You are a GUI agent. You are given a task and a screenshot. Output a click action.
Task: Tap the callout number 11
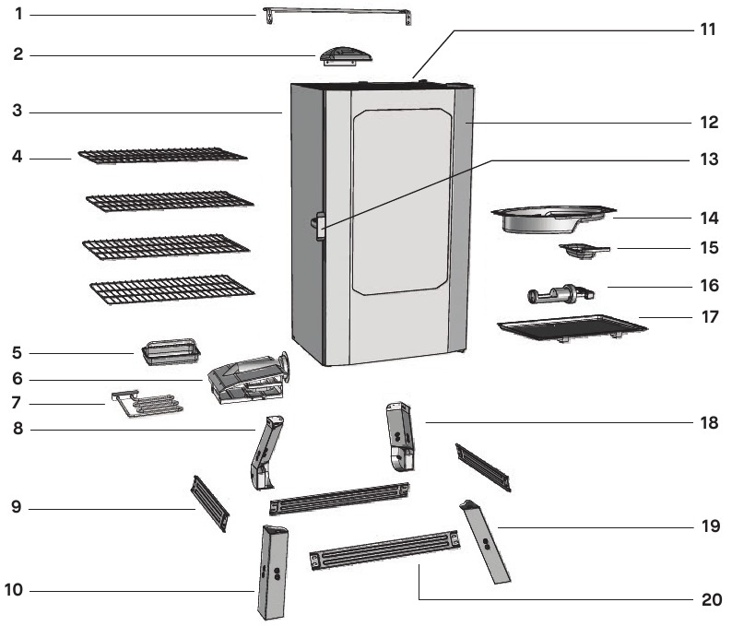[x=707, y=29]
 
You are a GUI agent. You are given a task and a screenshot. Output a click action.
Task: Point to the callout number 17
[x=708, y=317]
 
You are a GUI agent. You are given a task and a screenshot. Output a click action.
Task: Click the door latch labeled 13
[x=320, y=225]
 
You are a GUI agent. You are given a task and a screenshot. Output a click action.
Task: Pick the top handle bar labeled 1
[x=337, y=13]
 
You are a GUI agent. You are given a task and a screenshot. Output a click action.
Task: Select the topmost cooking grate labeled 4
[x=162, y=156]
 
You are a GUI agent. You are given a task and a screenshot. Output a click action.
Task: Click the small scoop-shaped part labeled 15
[x=584, y=249]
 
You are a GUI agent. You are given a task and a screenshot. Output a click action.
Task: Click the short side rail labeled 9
[x=208, y=502]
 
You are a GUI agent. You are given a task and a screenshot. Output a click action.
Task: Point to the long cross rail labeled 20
[x=385, y=549]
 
